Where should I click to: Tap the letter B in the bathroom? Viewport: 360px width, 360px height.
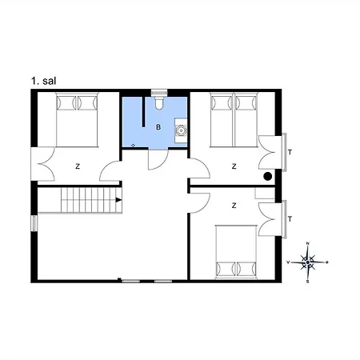[x=158, y=128]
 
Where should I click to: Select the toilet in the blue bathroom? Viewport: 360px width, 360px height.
[x=159, y=103]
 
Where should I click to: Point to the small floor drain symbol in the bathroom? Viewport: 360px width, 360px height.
[x=133, y=144]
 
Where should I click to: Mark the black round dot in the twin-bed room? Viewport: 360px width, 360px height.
[x=267, y=176]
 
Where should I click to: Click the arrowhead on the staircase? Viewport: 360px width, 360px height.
[x=118, y=200]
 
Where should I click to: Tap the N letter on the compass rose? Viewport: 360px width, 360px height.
[x=308, y=244]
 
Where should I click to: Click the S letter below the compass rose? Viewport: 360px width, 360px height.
[x=307, y=281]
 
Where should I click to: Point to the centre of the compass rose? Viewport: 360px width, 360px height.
[x=308, y=262]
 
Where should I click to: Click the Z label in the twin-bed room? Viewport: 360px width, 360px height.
[x=234, y=166]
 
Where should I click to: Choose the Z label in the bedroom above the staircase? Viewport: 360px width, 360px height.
[x=77, y=166]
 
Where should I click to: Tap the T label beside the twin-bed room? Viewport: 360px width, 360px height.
[x=289, y=151]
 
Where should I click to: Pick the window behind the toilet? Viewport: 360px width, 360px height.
[x=158, y=91]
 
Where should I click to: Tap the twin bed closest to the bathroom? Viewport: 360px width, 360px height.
[x=221, y=119]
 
